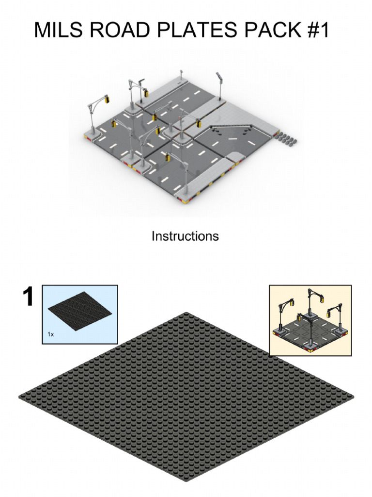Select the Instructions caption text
coord(185,236)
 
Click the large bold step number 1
coord(29,297)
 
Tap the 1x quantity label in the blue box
coord(50,334)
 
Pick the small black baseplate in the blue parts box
coord(80,311)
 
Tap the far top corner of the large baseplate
coord(186,313)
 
